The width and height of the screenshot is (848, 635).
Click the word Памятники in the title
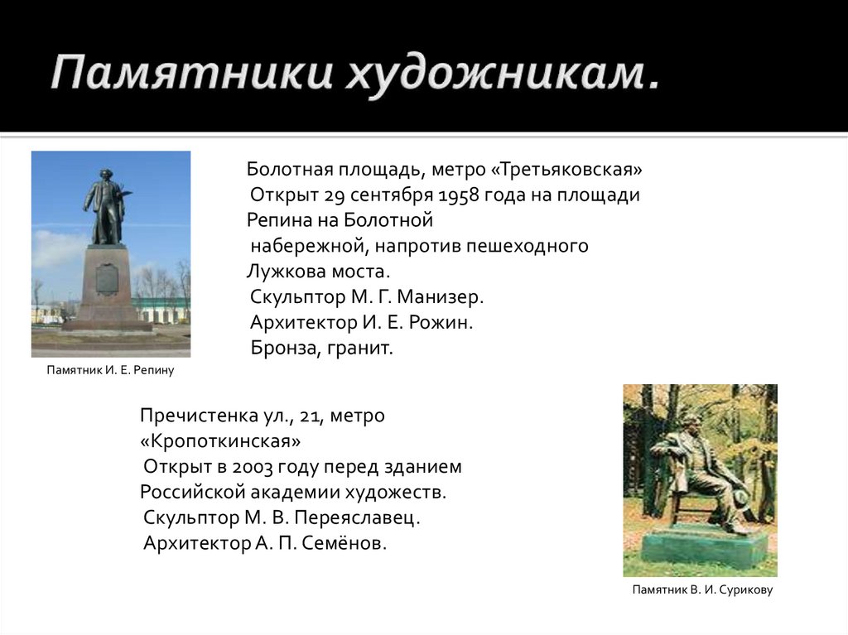[x=191, y=73]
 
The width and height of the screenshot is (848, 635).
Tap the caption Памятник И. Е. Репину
[x=110, y=371]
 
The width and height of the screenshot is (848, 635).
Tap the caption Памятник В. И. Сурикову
[x=702, y=589]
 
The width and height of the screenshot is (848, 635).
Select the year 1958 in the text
[x=458, y=195]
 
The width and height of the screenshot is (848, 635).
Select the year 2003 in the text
[x=252, y=467]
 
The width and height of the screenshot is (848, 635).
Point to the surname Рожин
[x=441, y=322]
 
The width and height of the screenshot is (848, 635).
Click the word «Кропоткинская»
[x=220, y=441]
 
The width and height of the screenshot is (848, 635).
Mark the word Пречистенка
[x=194, y=416]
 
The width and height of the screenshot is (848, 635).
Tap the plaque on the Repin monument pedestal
[x=107, y=279]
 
